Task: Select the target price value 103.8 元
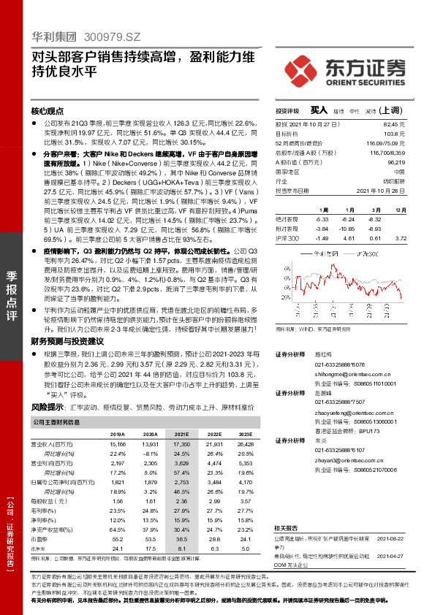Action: click(x=395, y=134)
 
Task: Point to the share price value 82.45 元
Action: click(x=395, y=126)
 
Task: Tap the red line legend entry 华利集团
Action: click(x=321, y=253)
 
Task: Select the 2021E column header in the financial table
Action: click(x=180, y=433)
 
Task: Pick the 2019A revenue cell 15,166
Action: click(x=117, y=443)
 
